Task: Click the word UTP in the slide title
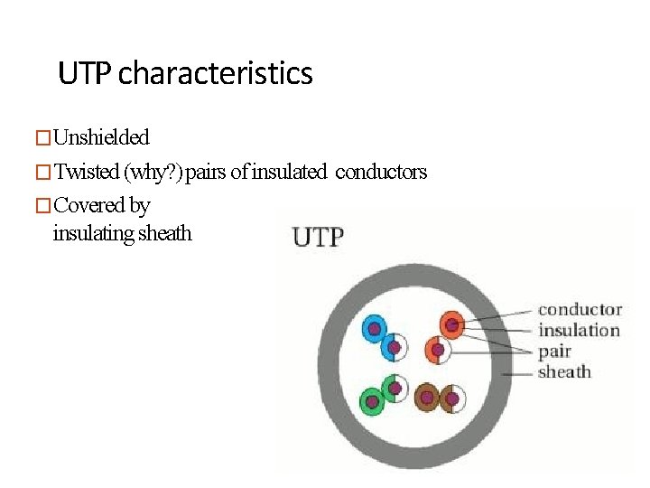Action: (85, 73)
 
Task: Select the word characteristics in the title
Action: (216, 73)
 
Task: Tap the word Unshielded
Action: (101, 138)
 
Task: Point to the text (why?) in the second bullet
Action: (153, 173)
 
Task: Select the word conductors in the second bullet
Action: (380, 173)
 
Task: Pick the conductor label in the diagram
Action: (580, 310)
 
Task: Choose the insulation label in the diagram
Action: (579, 331)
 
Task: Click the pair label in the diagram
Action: (554, 352)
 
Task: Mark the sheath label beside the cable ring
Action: (564, 371)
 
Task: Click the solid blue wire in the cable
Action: (373, 329)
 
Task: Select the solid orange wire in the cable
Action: (451, 324)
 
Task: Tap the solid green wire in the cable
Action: (371, 400)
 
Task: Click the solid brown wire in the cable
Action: (427, 397)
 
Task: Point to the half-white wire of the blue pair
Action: (395, 347)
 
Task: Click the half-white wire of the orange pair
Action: (437, 349)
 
